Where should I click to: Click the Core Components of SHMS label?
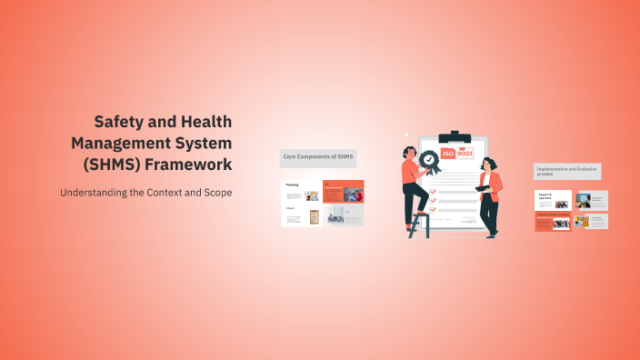point(318,157)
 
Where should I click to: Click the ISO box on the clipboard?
point(448,154)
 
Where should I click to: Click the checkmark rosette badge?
point(428,162)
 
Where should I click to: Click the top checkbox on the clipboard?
point(433,180)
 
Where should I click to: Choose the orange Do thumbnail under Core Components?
point(344,191)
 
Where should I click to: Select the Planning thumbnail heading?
point(292,185)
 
